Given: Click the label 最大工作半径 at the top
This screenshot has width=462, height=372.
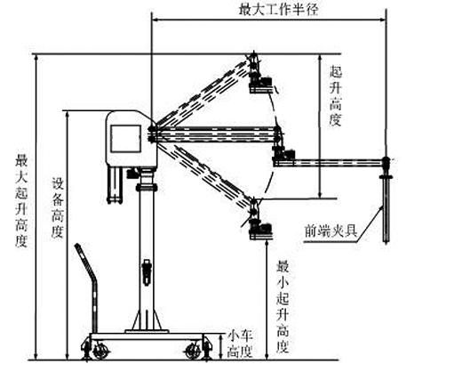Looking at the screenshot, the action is pos(278,10).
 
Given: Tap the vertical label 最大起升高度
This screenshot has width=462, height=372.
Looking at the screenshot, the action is pos(21,200).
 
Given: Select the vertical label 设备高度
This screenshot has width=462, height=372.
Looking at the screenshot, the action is pos(58,207).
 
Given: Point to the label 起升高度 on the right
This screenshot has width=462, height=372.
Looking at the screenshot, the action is pos(336,96).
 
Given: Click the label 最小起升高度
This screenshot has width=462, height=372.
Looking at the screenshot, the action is pos(283,306).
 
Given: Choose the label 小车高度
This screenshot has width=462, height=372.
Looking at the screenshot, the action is pos(240,344).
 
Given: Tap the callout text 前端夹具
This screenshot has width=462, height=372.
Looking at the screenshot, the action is pos(331,230).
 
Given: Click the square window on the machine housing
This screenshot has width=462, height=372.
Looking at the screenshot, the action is pos(125,139).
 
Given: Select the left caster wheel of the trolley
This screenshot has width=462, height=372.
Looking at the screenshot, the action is pos(100,352).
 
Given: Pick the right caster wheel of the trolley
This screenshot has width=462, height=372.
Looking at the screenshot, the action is pos(193,352).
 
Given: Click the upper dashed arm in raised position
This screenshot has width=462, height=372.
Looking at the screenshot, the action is pos(204,92).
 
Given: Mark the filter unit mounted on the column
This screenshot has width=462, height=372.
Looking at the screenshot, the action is pos(147,272).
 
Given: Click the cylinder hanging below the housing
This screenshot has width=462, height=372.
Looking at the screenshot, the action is pos(115,185).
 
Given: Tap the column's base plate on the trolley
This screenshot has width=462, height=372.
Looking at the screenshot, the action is pos(147,331).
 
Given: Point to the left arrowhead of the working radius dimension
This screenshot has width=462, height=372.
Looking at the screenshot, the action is pos(155,20).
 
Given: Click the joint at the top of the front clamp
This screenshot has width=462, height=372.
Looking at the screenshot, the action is pos(386,161).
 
